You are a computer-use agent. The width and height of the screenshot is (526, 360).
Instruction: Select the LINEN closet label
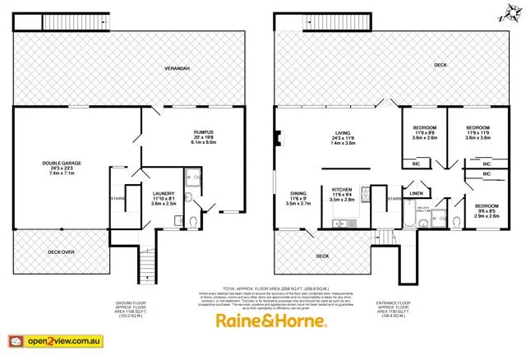click(416, 194)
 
